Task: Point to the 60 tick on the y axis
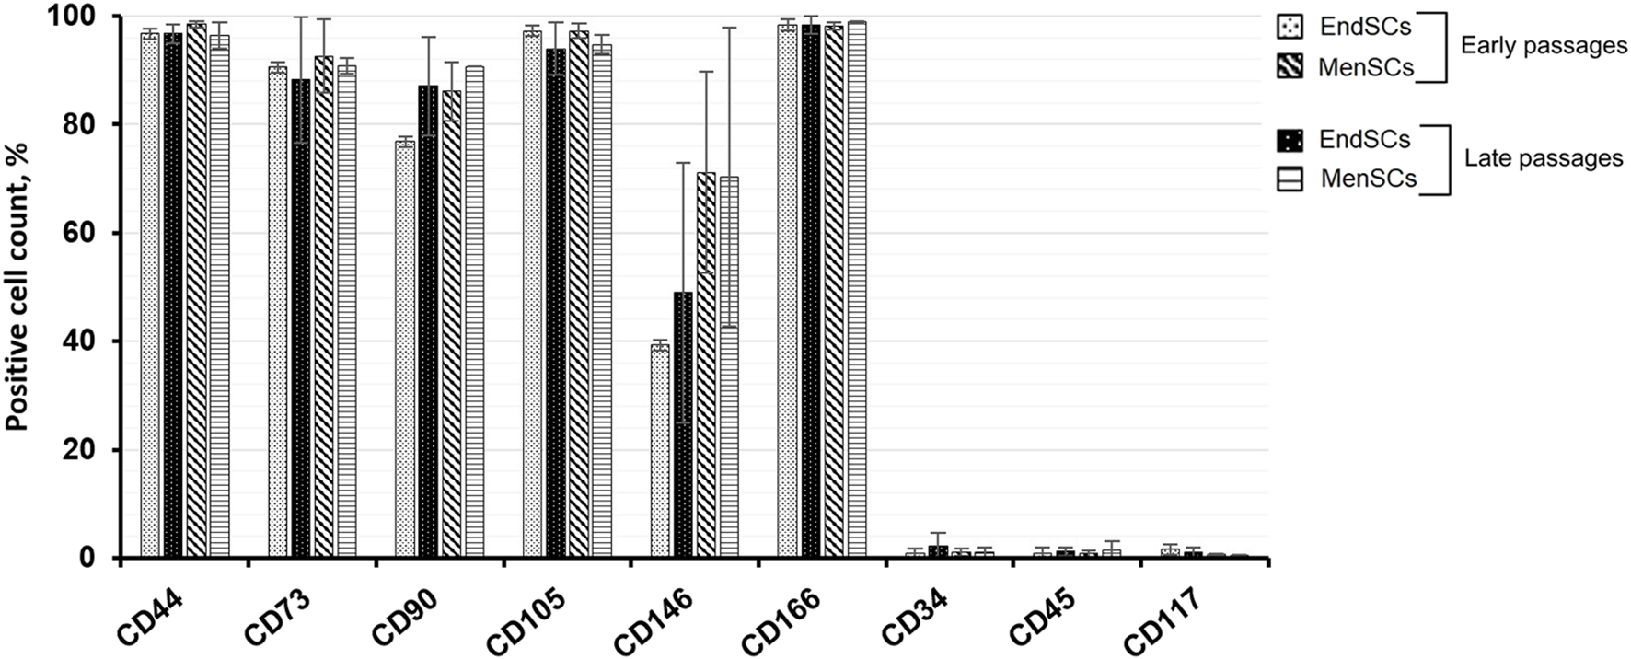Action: [92, 233]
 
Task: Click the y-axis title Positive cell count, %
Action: [17, 286]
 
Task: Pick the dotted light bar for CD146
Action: [660, 451]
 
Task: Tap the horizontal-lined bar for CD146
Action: [729, 367]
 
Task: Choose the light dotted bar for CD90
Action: [405, 350]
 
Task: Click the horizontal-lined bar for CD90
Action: [474, 312]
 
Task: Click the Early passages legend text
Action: [1544, 46]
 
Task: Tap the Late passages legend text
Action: [1544, 158]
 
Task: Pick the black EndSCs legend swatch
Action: [1290, 140]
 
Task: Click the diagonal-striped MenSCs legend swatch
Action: [1290, 67]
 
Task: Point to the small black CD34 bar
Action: [938, 552]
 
